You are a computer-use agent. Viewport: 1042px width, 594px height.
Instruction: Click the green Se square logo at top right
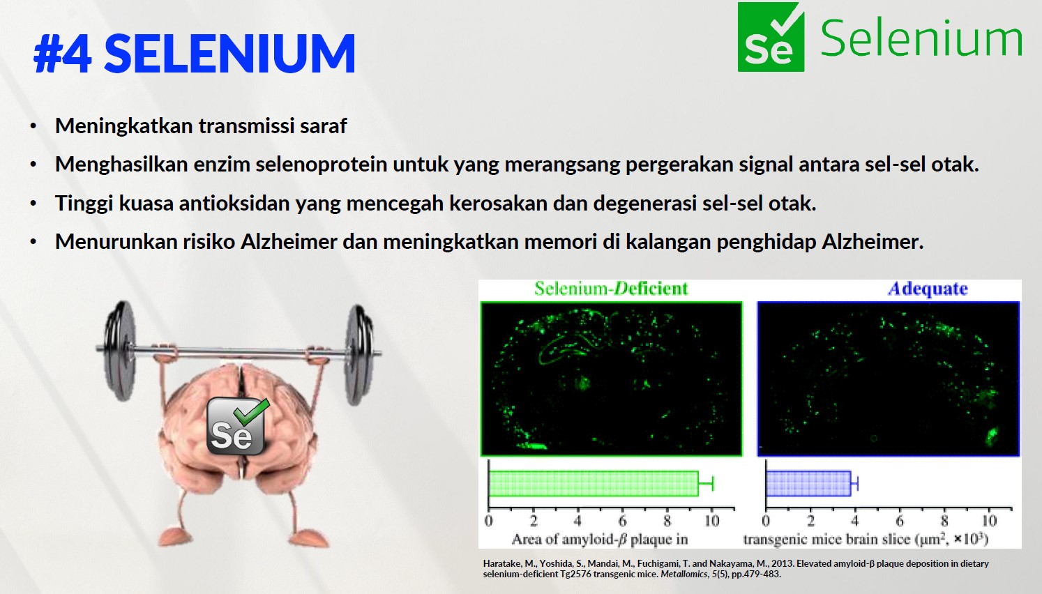[771, 37]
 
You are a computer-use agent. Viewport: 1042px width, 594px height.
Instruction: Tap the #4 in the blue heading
[63, 54]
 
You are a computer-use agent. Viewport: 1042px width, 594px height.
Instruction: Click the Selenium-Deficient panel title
[611, 289]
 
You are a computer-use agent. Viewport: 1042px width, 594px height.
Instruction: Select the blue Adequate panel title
[928, 289]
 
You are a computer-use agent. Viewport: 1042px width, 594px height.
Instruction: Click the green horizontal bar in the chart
[594, 484]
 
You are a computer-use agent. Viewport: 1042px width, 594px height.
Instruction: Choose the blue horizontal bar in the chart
[808, 484]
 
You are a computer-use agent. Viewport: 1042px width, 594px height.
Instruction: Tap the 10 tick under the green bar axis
[711, 521]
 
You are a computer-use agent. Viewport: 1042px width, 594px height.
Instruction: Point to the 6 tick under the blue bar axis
[900, 521]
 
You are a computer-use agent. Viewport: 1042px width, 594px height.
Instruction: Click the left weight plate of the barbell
[119, 350]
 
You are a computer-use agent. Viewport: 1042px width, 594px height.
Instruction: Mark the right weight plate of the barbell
[359, 354]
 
